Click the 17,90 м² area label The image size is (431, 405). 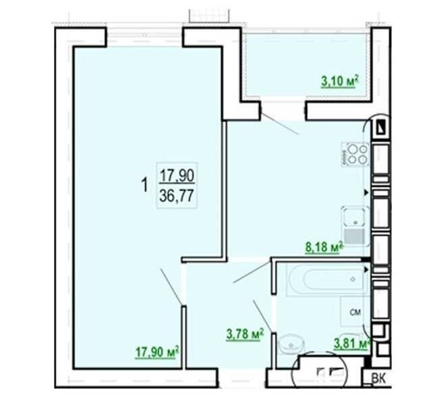157,352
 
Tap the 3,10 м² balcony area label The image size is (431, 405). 340,81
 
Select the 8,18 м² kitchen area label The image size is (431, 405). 324,247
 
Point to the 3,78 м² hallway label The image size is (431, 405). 245,334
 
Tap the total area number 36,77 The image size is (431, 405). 177,196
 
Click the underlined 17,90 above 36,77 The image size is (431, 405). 177,175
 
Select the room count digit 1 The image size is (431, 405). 144,185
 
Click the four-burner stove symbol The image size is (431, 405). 355,154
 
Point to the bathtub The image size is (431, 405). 328,279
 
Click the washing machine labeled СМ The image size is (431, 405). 355,312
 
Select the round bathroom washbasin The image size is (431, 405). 291,344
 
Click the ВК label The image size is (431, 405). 379,379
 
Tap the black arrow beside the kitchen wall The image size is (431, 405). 366,192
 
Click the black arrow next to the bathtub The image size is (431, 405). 366,269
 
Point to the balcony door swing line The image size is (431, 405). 279,124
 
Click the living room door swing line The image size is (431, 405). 171,287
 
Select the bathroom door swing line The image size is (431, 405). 263,317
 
